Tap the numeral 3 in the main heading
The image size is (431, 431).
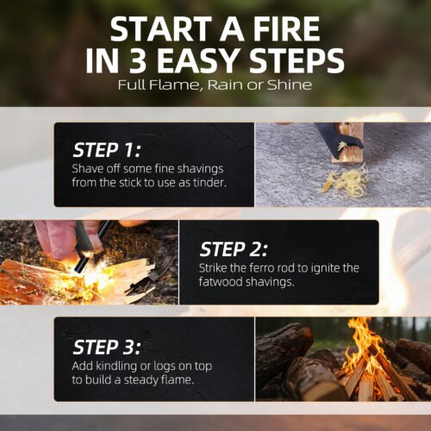(138, 60)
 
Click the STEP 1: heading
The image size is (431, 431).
(107, 150)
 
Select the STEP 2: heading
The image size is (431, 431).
(234, 249)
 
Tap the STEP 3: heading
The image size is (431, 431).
(107, 347)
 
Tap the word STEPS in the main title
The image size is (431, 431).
(297, 60)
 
